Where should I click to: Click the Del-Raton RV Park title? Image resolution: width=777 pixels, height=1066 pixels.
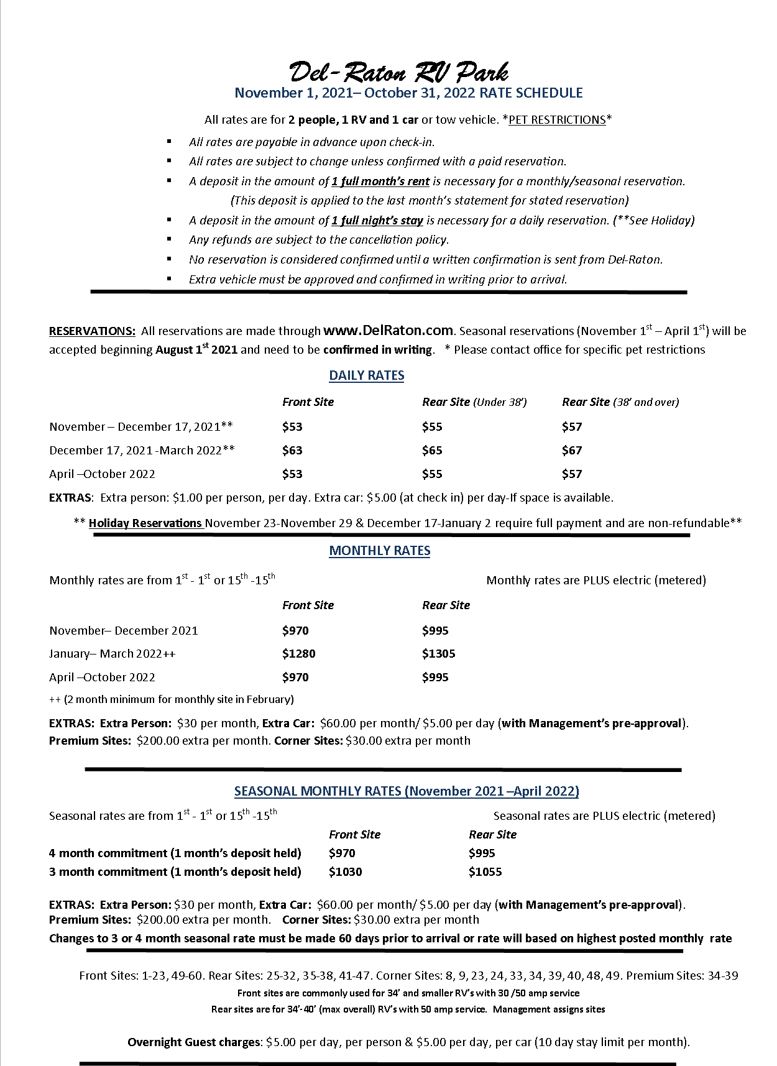pos(399,73)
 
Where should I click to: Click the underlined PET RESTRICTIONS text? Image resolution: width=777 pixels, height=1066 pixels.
pos(557,120)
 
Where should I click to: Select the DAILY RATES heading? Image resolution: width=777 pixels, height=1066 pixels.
pos(367,375)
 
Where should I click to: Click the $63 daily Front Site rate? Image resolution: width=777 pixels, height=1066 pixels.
pos(292,450)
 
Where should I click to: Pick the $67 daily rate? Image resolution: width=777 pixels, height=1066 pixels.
pos(572,450)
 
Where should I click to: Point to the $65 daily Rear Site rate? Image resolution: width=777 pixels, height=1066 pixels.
pos(432,450)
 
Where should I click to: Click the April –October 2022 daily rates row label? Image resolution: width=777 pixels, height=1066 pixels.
pos(102,474)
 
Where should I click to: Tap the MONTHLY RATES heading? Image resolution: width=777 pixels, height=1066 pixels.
pos(380,551)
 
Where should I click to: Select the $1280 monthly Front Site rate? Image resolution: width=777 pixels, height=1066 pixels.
pos(299,653)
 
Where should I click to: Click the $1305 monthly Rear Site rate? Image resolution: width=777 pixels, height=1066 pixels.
pos(439,653)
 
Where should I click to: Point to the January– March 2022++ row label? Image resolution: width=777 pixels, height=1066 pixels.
pos(113,653)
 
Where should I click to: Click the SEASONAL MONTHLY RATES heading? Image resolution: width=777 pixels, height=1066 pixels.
pos(407,791)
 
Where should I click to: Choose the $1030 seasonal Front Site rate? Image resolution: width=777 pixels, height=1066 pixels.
pos(346,871)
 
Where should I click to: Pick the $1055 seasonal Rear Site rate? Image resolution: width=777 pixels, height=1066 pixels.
pos(485,871)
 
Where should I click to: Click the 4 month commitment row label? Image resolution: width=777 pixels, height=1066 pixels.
pos(175,853)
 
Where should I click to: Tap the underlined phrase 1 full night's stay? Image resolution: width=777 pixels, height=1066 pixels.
pos(377,220)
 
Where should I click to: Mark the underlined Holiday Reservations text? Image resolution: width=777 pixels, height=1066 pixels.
pos(145,523)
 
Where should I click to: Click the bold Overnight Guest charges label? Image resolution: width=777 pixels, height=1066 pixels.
pos(195,1042)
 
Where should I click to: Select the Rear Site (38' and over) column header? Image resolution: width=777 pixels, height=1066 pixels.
pos(620,402)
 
